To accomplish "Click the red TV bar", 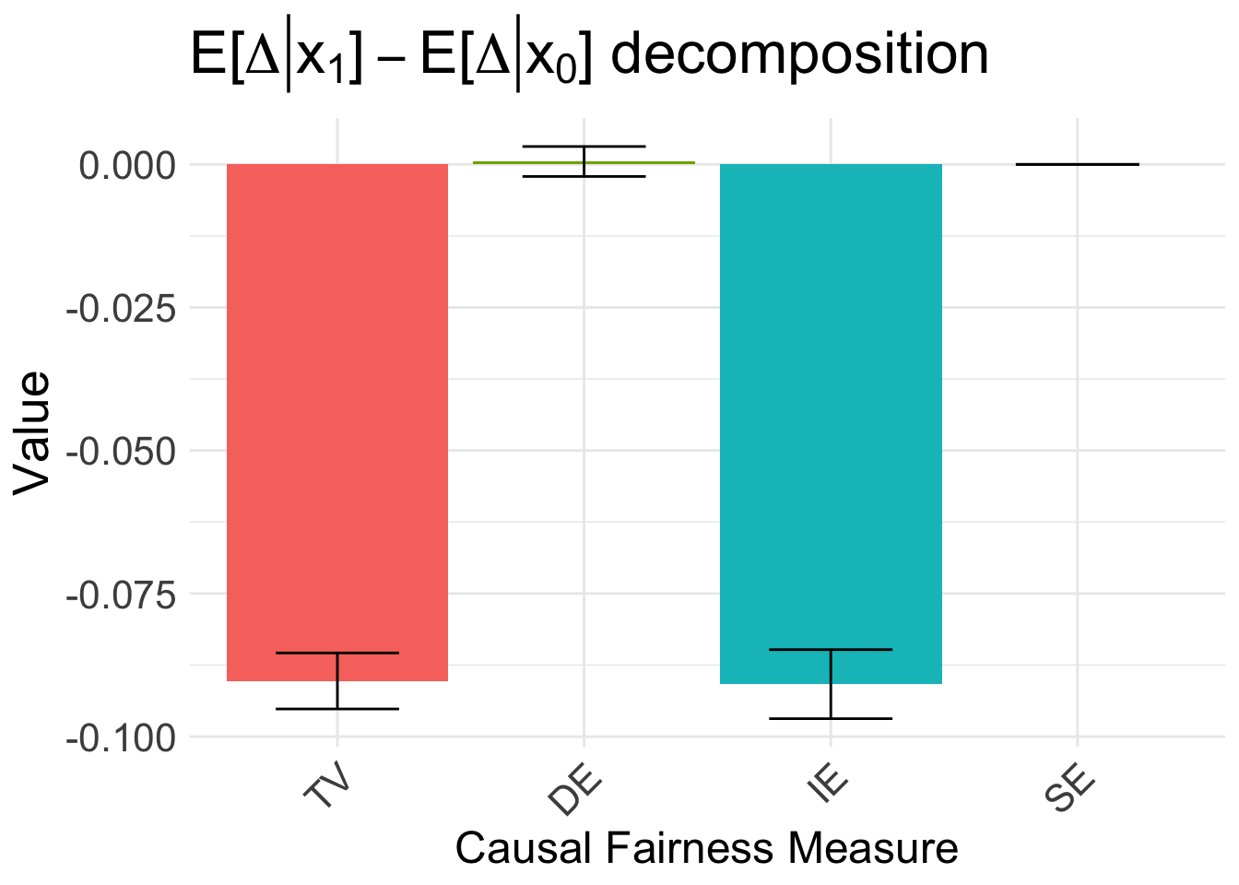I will pyautogui.click(x=337, y=415).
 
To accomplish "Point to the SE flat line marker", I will pyautogui.click(x=1077, y=164).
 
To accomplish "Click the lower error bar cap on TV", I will pyautogui.click(x=337, y=708).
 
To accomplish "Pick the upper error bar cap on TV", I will pyautogui.click(x=337, y=653).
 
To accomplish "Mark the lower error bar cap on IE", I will pyautogui.click(x=831, y=718).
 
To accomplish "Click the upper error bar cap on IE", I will pyautogui.click(x=831, y=650).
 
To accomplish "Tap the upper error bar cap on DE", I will pyautogui.click(x=584, y=147).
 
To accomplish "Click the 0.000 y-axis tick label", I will pyautogui.click(x=127, y=166).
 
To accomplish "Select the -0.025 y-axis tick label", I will pyautogui.click(x=121, y=309).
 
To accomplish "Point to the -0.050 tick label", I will pyautogui.click(x=121, y=452).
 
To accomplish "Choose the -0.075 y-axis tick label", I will pyautogui.click(x=121, y=596).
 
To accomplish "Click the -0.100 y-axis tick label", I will pyautogui.click(x=121, y=738).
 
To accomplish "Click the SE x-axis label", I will pyautogui.click(x=1070, y=790).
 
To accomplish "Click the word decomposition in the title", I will pyautogui.click(x=799, y=55).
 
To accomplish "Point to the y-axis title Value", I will pyautogui.click(x=33, y=433).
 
